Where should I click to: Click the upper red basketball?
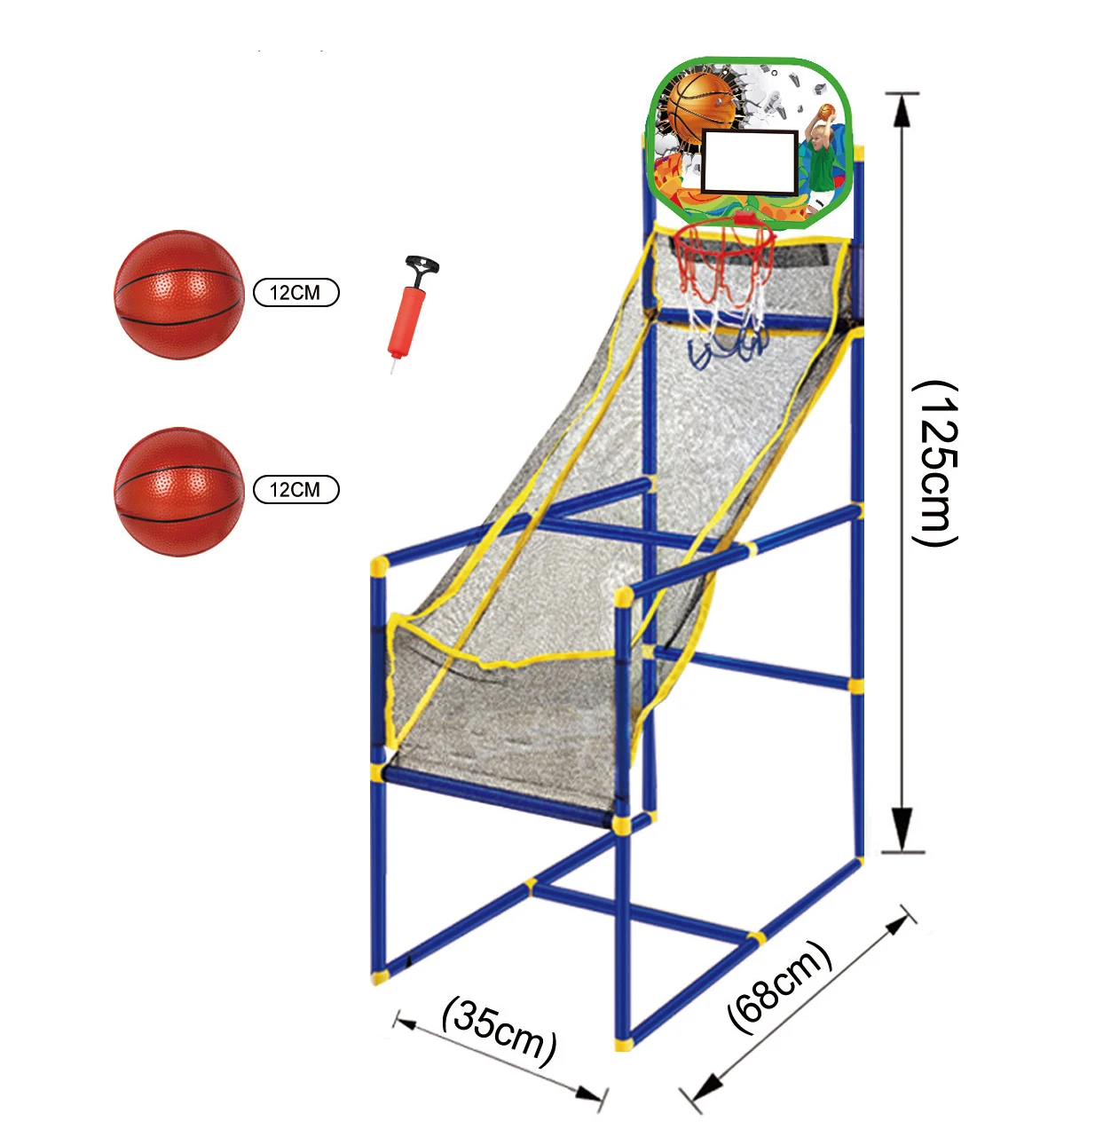point(178,295)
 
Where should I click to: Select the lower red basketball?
point(178,491)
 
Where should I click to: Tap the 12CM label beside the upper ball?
point(295,293)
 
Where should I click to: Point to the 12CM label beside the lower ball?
point(295,490)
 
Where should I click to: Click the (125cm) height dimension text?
point(935,464)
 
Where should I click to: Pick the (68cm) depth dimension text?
point(779,986)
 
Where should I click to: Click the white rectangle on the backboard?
point(750,162)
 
